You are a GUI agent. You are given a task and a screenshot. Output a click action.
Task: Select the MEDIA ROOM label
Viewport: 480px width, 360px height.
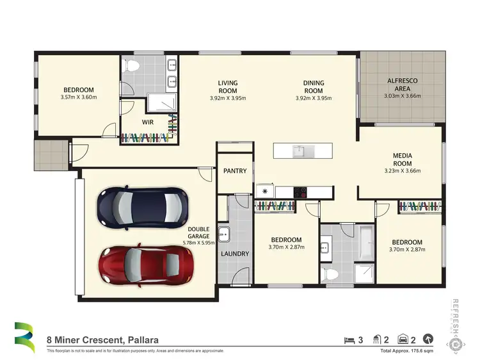click(x=402, y=160)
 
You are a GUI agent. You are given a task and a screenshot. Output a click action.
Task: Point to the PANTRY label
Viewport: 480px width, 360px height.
click(x=235, y=171)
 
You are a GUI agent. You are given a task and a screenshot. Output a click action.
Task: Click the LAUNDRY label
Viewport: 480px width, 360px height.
click(x=235, y=254)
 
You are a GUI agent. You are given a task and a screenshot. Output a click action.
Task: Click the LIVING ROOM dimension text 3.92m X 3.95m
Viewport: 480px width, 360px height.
click(x=228, y=99)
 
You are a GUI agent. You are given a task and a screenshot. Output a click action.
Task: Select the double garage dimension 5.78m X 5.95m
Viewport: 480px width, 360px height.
click(x=198, y=243)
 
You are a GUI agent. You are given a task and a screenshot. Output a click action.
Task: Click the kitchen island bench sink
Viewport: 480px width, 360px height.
click(x=299, y=151)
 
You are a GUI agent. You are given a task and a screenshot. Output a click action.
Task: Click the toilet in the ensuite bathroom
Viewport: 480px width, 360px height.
click(x=132, y=66)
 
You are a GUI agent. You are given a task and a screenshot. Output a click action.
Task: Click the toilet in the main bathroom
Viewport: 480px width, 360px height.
click(x=330, y=274)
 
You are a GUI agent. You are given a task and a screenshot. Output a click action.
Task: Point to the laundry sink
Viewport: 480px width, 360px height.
click(x=223, y=233)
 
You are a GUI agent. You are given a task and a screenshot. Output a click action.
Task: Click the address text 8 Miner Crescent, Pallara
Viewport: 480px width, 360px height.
click(x=102, y=340)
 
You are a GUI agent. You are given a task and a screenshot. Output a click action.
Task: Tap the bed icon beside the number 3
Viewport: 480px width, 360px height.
click(x=349, y=340)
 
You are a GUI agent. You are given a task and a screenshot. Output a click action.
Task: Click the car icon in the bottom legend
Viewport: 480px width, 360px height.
click(x=404, y=340)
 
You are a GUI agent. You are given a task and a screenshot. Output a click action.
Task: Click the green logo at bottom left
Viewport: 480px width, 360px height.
click(x=24, y=337)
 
